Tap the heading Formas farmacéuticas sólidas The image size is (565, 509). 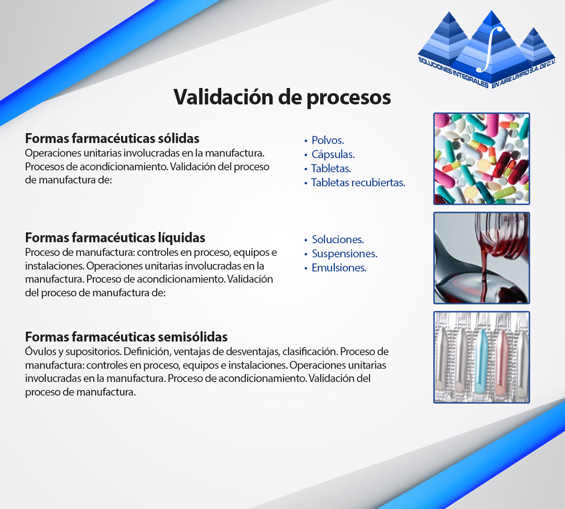pyautogui.click(x=112, y=138)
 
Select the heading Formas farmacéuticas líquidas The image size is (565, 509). pyautogui.click(x=115, y=238)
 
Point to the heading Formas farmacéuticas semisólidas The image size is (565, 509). pyautogui.click(x=126, y=337)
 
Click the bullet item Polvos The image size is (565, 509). pyautogui.click(x=328, y=140)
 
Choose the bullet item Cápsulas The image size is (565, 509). pyautogui.click(x=333, y=154)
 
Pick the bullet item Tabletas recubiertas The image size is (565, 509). pyautogui.click(x=358, y=183)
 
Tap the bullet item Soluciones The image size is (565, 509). pyautogui.click(x=338, y=239)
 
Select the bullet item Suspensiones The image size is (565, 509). pyautogui.click(x=345, y=254)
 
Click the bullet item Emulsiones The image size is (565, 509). pyautogui.click(x=339, y=268)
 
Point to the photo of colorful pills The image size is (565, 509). pyautogui.click(x=482, y=159)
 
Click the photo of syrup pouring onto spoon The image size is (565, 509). pyautogui.click(x=482, y=258)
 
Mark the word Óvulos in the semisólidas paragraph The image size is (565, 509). pyautogui.click(x=41, y=351)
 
